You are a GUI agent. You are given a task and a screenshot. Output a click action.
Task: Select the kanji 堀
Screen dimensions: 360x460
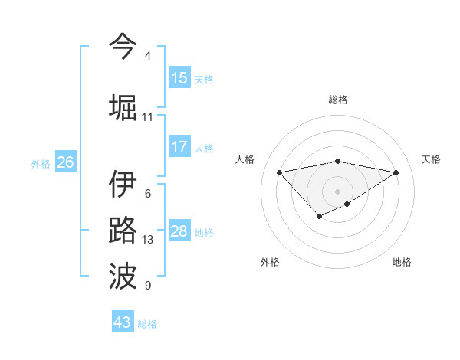pyautogui.click(x=123, y=106)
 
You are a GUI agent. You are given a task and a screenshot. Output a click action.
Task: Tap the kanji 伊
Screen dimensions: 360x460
pyautogui.click(x=123, y=184)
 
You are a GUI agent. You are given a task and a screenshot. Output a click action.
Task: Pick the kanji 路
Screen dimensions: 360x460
pyautogui.click(x=123, y=231)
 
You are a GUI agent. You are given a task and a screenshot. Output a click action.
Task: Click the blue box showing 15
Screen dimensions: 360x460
pyautogui.click(x=179, y=78)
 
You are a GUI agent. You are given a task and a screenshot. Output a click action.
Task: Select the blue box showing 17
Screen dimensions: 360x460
pyautogui.click(x=179, y=147)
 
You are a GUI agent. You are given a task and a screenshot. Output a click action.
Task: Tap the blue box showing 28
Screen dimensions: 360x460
pyautogui.click(x=179, y=231)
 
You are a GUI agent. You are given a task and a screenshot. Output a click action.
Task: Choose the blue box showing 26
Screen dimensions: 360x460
pyautogui.click(x=66, y=162)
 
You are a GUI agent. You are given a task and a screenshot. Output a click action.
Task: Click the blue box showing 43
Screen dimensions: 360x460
pyautogui.click(x=123, y=322)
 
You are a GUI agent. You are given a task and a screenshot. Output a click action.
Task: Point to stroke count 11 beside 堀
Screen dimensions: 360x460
pyautogui.click(x=147, y=117)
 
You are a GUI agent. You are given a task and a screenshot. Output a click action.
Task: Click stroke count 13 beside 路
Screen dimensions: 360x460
pyautogui.click(x=147, y=240)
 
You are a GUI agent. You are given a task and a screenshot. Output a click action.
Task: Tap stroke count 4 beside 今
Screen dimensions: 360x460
pyautogui.click(x=147, y=56)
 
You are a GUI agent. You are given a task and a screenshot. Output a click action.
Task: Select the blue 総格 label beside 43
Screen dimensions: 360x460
pyautogui.click(x=147, y=324)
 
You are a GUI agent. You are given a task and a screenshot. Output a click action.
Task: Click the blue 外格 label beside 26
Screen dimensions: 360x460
pyautogui.click(x=41, y=163)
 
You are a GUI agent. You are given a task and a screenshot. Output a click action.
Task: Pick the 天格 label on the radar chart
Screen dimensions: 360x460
pyautogui.click(x=431, y=159)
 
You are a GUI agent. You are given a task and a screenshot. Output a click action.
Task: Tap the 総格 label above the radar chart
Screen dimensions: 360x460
pyautogui.click(x=337, y=100)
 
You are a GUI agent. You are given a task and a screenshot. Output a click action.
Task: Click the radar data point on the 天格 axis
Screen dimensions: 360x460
pyautogui.click(x=396, y=172)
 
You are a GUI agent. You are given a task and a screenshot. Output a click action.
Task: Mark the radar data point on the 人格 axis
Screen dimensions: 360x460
pyautogui.click(x=279, y=172)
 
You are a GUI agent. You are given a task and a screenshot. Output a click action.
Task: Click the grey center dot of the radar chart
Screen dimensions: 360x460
pyautogui.click(x=337, y=191)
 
